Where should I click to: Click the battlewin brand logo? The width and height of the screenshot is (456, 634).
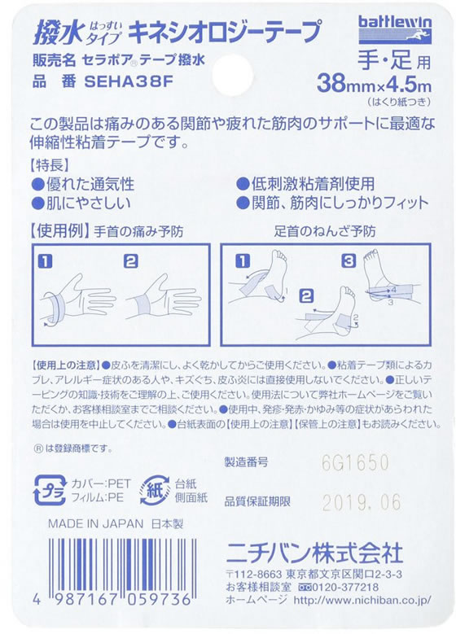click(394, 30)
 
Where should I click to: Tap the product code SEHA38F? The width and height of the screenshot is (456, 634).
click(129, 81)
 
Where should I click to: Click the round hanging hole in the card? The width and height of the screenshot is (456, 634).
click(232, 75)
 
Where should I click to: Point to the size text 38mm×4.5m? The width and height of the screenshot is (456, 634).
click(374, 85)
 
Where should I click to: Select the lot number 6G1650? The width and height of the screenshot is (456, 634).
click(355, 462)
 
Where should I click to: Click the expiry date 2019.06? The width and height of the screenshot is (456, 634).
click(361, 502)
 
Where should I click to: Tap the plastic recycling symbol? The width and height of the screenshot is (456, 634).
click(50, 490)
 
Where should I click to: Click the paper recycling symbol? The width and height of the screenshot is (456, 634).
click(155, 490)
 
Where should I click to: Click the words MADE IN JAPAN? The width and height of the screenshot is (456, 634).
click(95, 524)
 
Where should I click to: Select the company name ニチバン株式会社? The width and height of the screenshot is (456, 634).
click(314, 553)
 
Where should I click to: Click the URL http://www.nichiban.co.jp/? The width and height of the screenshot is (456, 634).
click(362, 600)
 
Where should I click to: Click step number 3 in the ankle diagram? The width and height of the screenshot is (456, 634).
click(348, 260)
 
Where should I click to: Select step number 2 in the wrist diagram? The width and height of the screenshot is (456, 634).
click(130, 260)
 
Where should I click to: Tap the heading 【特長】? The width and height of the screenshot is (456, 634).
click(50, 165)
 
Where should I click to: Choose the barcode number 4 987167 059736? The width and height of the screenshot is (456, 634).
click(113, 599)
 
